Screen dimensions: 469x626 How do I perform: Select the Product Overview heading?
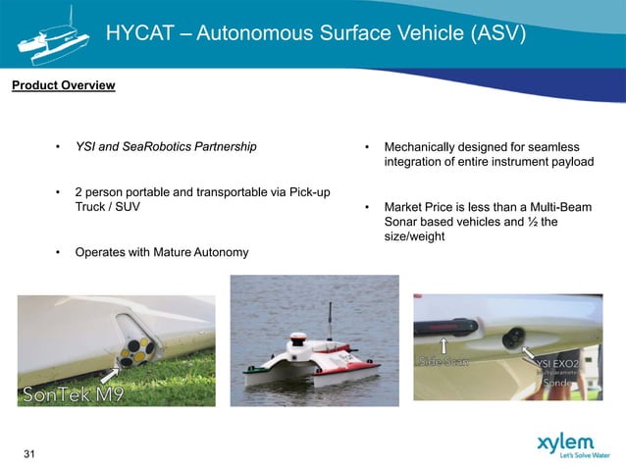pos(63,86)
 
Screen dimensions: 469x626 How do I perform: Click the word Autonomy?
pos(219,253)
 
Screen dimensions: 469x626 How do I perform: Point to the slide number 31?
pos(29,453)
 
